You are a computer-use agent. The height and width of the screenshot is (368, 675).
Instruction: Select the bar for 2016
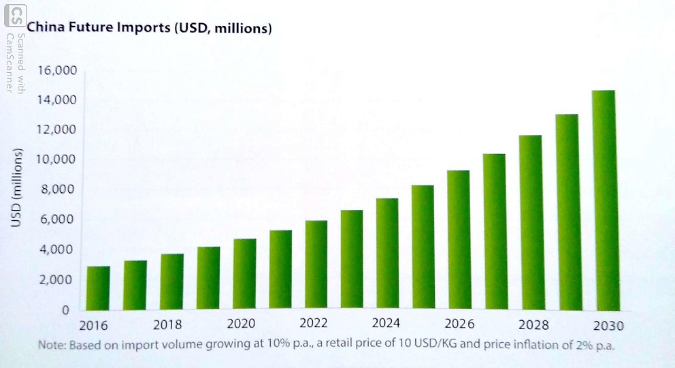click(99, 288)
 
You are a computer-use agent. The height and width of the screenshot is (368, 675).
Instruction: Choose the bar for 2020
click(244, 275)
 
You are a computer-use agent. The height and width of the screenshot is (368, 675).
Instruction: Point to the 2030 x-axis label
click(607, 326)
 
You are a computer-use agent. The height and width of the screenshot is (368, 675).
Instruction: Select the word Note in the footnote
click(50, 346)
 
